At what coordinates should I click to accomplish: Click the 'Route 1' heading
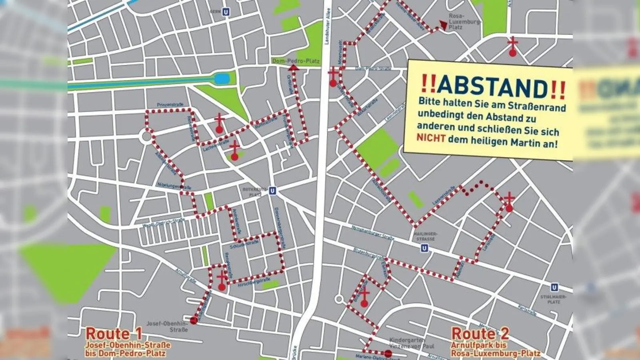[x=114, y=334]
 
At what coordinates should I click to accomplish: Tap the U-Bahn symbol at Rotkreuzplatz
[x=272, y=191]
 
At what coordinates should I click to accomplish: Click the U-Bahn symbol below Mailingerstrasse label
[x=424, y=248]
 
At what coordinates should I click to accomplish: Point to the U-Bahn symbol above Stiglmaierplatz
[x=554, y=287]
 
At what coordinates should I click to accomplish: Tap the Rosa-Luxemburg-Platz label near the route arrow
[x=464, y=22]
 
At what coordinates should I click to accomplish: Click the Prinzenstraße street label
[x=170, y=105]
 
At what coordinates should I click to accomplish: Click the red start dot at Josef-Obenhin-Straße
[x=194, y=320]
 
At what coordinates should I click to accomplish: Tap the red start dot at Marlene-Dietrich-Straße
[x=388, y=353]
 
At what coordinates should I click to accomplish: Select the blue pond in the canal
[x=220, y=78]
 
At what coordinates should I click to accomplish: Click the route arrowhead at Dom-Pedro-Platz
[x=294, y=69]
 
